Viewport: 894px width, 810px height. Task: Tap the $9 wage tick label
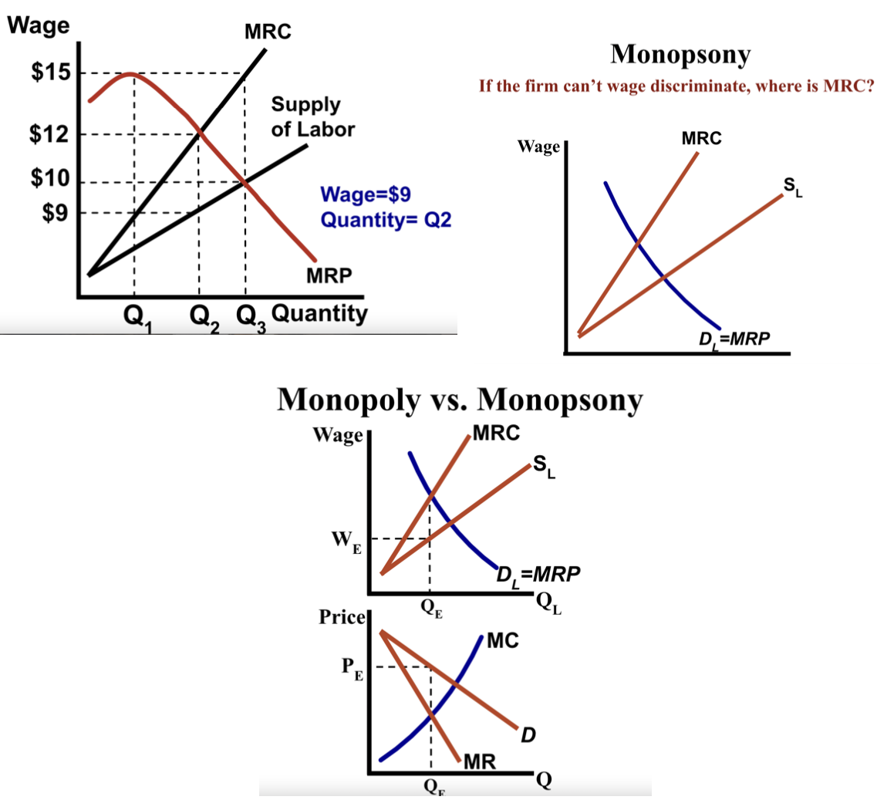55,212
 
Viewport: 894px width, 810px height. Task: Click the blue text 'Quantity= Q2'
385,220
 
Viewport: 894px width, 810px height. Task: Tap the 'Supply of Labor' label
312,116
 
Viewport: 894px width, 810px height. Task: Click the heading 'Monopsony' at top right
680,54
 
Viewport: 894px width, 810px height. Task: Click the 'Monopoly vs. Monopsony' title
459,400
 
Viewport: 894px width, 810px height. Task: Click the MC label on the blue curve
503,640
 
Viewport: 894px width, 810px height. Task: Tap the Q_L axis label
547,602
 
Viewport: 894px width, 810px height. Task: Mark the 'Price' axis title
341,617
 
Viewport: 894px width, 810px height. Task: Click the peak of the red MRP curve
130,74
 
